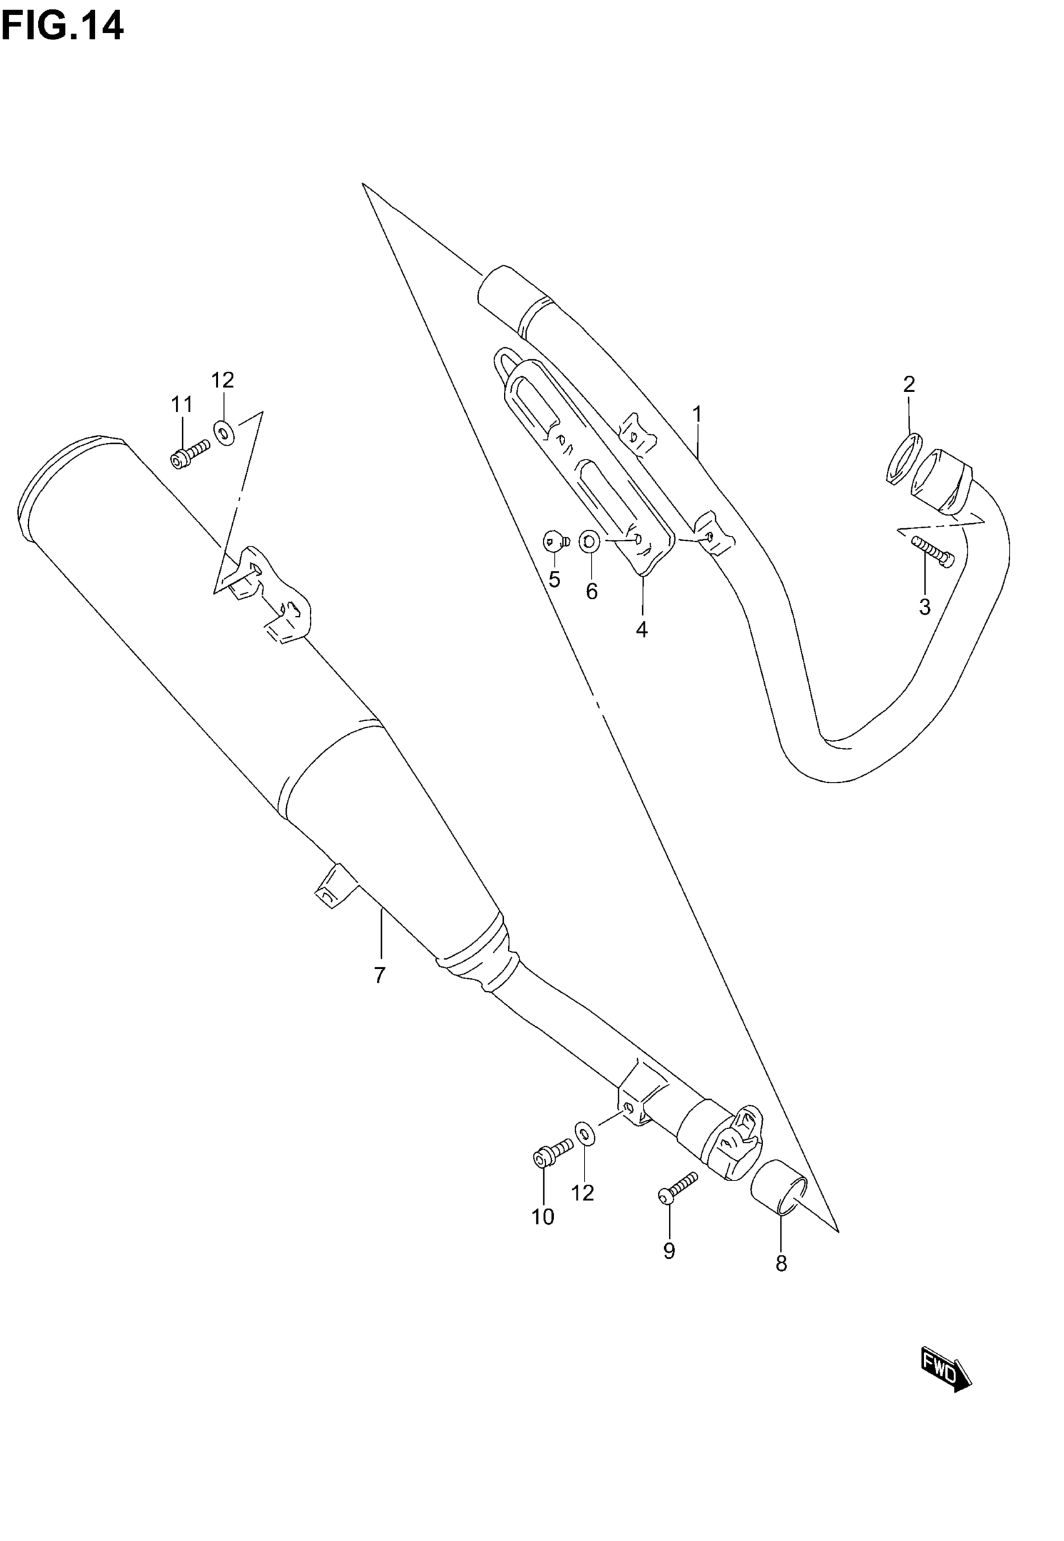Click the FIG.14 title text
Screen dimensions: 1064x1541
pyautogui.click(x=62, y=27)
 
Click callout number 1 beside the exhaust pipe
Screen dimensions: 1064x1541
pyautogui.click(x=697, y=414)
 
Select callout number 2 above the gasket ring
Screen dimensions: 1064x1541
pyautogui.click(x=909, y=384)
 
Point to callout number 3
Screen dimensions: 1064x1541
pyautogui.click(x=924, y=607)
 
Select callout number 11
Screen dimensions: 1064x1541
pyautogui.click(x=182, y=404)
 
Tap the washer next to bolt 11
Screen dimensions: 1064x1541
pyautogui.click(x=224, y=433)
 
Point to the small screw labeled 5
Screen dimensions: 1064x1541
pyautogui.click(x=554, y=541)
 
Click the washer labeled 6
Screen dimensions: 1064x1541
pyautogui.click(x=590, y=543)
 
